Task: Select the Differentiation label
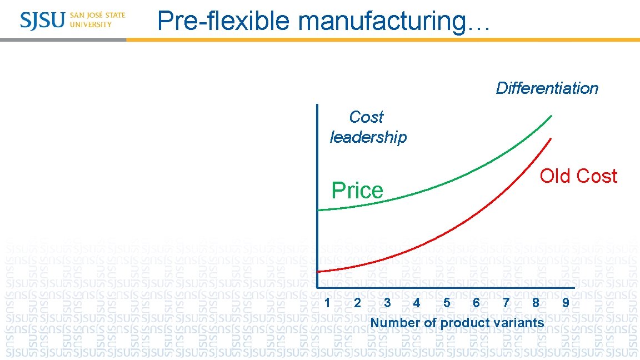pos(547,88)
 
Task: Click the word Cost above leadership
pos(366,117)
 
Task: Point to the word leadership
pos(368,137)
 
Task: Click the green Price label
pos(357,191)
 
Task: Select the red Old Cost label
pos(578,176)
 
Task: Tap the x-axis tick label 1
pos(328,303)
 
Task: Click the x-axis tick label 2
pos(357,303)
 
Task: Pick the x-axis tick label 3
pos(387,303)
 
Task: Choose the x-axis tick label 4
pos(417,303)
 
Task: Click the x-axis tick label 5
pos(447,303)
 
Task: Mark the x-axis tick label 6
pos(476,303)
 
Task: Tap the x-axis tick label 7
pos(506,303)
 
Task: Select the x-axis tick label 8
pos(536,303)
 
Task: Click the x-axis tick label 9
pos(566,303)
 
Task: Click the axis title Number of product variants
pos(457,323)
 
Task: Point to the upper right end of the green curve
pos(551,116)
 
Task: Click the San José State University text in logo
pos(98,20)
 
